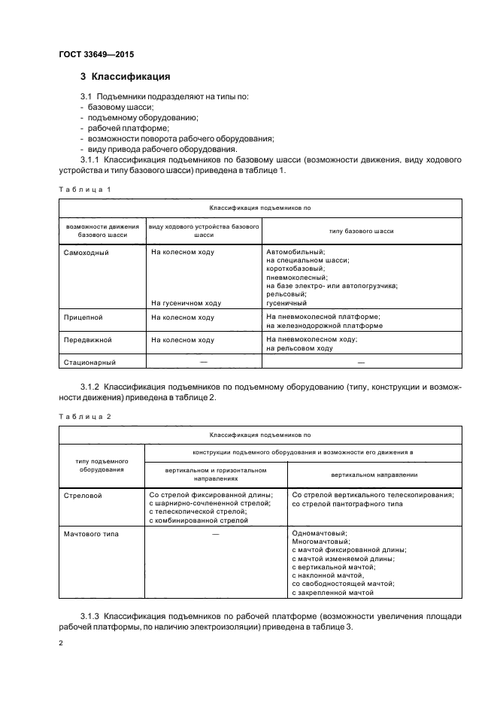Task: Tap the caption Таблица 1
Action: click(84, 190)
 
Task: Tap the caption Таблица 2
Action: click(84, 416)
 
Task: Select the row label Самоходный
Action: click(87, 252)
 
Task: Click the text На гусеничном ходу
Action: click(186, 303)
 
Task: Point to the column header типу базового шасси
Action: click(361, 231)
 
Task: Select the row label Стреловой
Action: click(83, 495)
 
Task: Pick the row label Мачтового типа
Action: click(92, 534)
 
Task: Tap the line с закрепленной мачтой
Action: click(332, 593)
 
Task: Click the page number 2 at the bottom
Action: click(62, 644)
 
